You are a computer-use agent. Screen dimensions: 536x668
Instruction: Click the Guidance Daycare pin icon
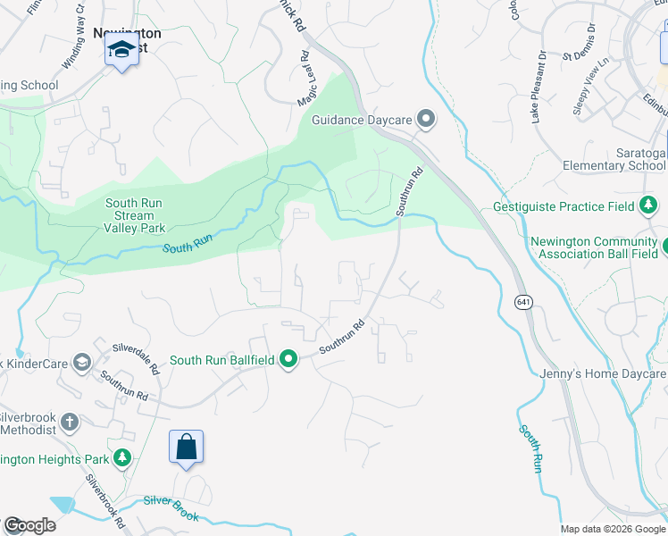coord(426,119)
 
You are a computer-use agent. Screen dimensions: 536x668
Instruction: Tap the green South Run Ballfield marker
coord(288,360)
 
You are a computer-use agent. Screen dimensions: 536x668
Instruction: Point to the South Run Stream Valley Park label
coord(134,215)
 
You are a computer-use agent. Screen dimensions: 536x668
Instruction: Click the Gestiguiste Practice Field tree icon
coord(649,207)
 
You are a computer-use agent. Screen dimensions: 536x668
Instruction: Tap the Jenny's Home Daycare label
coord(603,374)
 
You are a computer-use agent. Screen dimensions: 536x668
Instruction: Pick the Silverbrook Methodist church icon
coord(70,422)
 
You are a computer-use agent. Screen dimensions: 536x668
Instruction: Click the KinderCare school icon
coord(82,361)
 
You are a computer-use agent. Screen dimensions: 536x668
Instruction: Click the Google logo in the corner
coord(29,525)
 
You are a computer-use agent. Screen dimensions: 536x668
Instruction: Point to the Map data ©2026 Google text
coord(613,529)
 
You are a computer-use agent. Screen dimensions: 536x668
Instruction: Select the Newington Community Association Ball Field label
coord(593,247)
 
